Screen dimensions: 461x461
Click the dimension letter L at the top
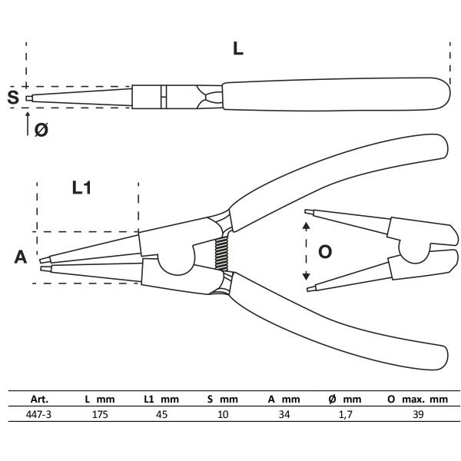pos(238,48)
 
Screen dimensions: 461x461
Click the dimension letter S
pos(12,97)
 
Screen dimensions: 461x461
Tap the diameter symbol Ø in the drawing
pos(41,130)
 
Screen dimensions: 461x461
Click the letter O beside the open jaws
pos(325,251)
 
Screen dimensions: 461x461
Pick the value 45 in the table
pos(161,414)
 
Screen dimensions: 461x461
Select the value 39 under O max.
pos(417,414)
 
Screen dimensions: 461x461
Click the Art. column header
pos(39,400)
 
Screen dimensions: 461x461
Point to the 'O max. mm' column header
pos(417,400)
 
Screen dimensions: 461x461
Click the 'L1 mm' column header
pos(161,400)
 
